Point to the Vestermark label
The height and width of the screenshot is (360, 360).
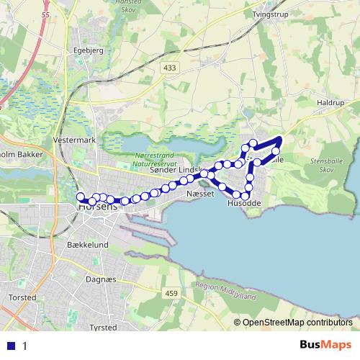click(x=74, y=140)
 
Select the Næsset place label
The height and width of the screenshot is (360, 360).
click(x=199, y=194)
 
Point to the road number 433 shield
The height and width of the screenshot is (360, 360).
click(x=169, y=68)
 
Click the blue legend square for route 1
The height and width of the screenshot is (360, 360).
click(x=12, y=346)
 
